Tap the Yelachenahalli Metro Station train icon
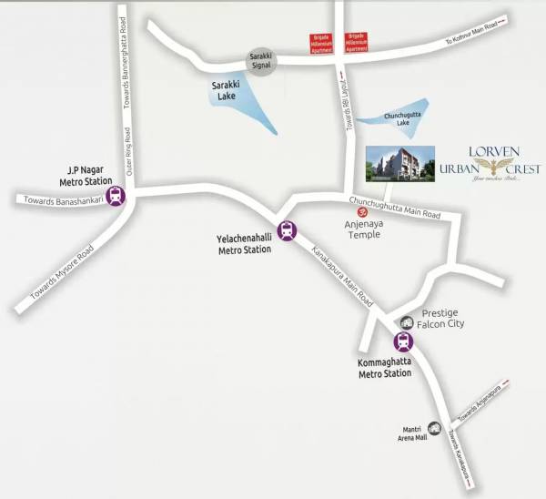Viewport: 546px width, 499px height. pyautogui.click(x=288, y=231)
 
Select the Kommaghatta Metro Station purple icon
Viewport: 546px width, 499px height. pyautogui.click(x=402, y=342)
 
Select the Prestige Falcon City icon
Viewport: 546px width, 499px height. pyautogui.click(x=408, y=321)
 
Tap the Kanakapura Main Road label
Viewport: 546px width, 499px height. pyautogui.click(x=342, y=275)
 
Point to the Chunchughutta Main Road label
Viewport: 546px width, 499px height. pyautogui.click(x=394, y=208)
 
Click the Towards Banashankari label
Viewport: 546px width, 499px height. pyautogui.click(x=58, y=199)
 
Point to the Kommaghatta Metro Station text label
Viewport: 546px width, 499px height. pyautogui.click(x=385, y=367)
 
